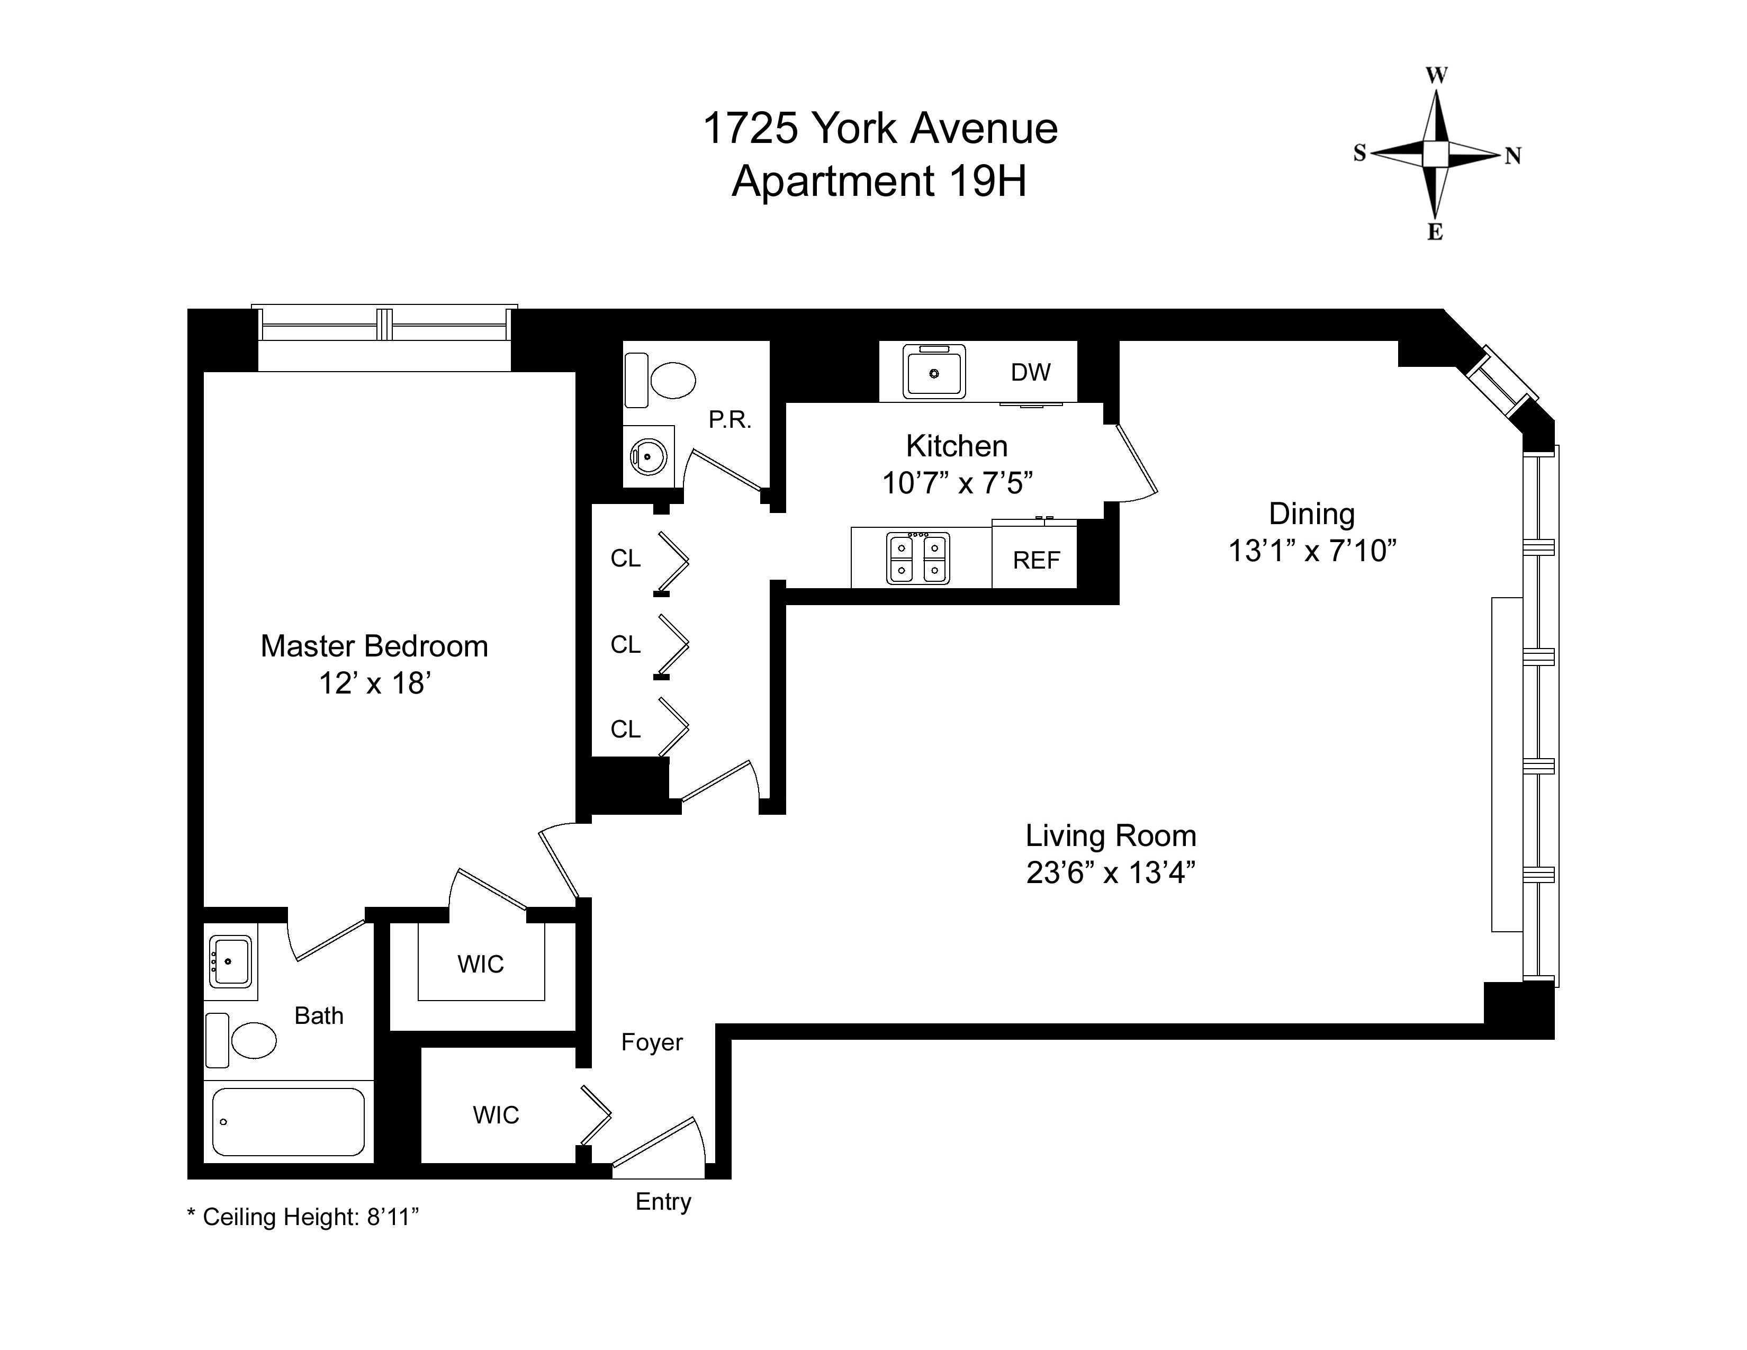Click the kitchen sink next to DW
point(933,372)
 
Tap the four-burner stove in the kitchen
point(918,558)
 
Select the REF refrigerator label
point(1036,561)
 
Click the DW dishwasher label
point(1030,373)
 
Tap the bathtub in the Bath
point(288,1121)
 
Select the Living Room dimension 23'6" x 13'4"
point(1110,872)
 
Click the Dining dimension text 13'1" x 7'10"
point(1312,551)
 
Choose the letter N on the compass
point(1512,157)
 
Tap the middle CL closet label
point(626,645)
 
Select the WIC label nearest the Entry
point(496,1115)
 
